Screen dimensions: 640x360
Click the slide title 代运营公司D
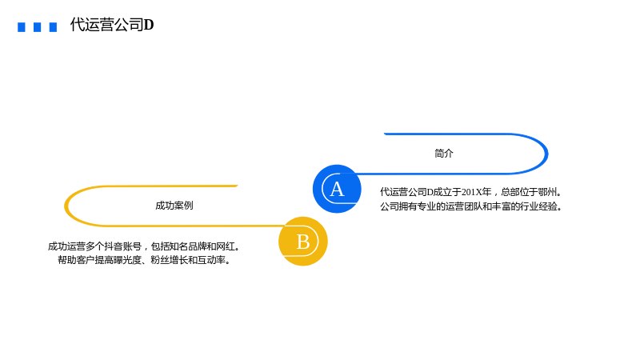(x=112, y=25)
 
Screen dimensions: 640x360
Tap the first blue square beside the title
(x=22, y=27)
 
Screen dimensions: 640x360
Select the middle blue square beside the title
(x=37, y=27)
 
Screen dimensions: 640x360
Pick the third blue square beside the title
(x=53, y=27)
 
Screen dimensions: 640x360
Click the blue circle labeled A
(x=337, y=189)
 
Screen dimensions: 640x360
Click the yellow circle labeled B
(x=303, y=242)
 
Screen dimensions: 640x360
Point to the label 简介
(x=444, y=154)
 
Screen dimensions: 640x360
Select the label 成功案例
(x=174, y=206)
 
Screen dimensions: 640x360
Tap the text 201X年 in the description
(x=476, y=192)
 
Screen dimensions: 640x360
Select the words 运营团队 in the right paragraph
(x=463, y=206)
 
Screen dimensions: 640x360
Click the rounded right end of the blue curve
(x=547, y=154)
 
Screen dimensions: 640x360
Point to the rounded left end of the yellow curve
(x=66, y=206)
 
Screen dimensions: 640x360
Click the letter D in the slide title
(x=149, y=25)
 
